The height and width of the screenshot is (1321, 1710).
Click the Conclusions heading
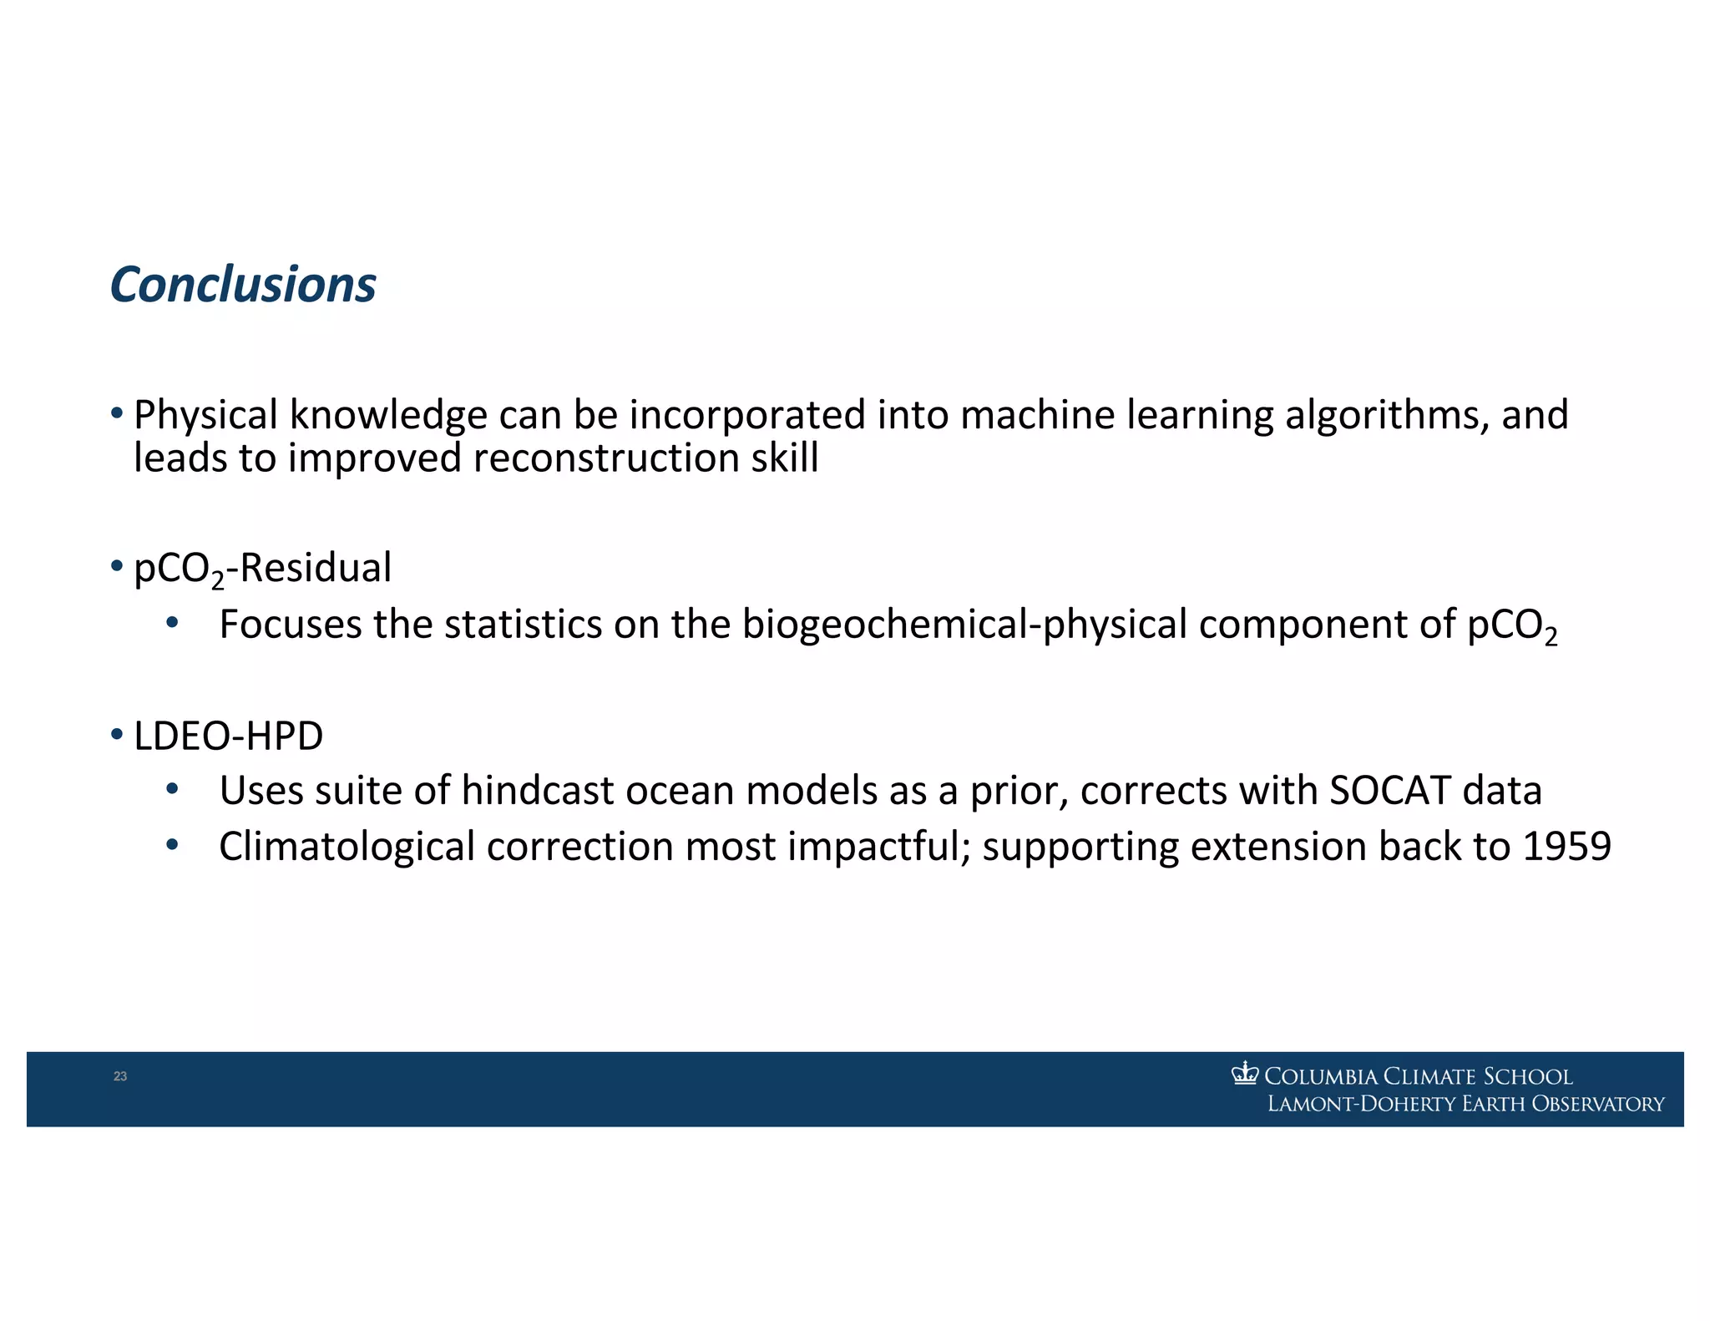coord(243,285)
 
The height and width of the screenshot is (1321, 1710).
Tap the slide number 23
coord(120,1076)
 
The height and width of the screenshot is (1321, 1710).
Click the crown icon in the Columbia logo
coord(1244,1073)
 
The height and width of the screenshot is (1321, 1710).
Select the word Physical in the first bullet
coord(205,415)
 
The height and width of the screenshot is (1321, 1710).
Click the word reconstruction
coord(606,458)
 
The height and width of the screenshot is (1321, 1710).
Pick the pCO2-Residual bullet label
coord(262,569)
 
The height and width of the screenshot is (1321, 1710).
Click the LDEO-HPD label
coord(228,736)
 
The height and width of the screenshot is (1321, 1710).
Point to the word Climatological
coord(347,847)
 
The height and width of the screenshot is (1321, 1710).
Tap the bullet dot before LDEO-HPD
coord(117,735)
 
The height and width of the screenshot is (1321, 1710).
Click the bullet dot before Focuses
coord(172,623)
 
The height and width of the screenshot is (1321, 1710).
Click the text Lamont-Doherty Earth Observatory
coord(1465,1104)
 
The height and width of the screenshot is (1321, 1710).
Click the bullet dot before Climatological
coord(172,845)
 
